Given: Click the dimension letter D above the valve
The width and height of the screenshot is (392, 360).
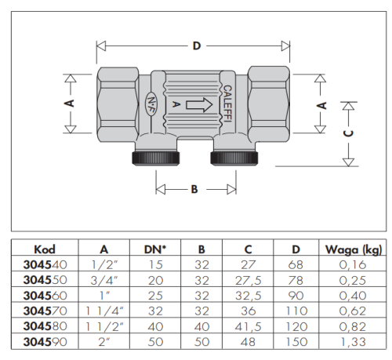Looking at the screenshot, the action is (197, 46).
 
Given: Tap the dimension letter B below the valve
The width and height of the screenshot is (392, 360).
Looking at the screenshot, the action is (194, 189).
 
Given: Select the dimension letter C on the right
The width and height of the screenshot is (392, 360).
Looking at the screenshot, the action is (348, 133).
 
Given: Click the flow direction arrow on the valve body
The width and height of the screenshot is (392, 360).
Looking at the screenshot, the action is (199, 105).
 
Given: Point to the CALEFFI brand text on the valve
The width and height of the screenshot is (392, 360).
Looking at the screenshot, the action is (227, 104).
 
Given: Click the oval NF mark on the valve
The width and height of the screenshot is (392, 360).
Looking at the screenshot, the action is (151, 104).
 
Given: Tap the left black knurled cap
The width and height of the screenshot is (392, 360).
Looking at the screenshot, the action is (155, 158).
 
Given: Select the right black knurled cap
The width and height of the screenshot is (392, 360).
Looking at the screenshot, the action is (234, 158).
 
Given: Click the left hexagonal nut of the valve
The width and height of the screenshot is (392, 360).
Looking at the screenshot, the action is (118, 104).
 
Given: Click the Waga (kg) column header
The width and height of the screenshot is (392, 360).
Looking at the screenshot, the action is (354, 249).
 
